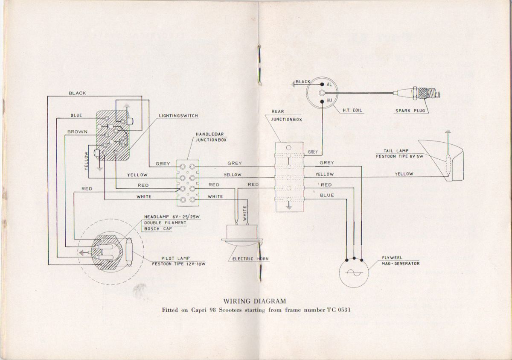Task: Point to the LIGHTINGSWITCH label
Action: [178, 116]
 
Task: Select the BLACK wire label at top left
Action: [77, 93]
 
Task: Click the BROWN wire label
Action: [77, 132]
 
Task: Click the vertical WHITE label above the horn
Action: [244, 213]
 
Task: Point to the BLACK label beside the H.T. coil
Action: [303, 82]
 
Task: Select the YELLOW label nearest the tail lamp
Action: [404, 174]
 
